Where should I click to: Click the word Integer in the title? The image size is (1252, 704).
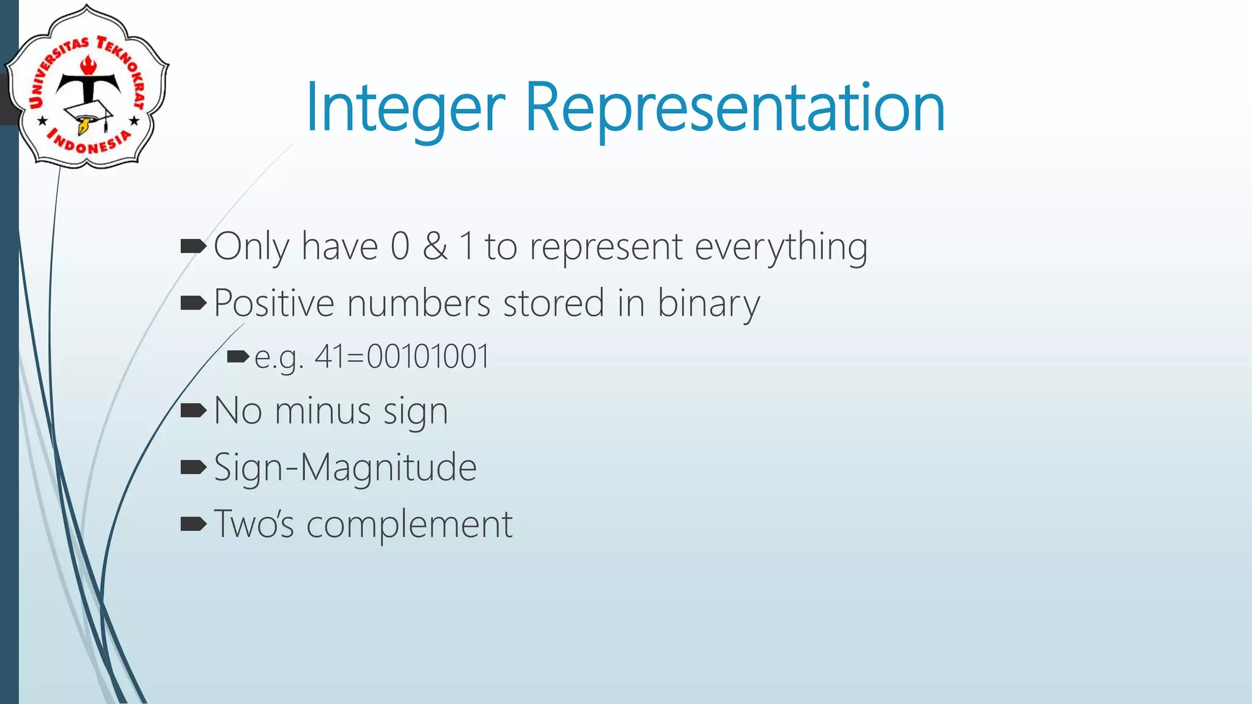(x=405, y=108)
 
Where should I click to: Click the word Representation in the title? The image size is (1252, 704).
(x=735, y=108)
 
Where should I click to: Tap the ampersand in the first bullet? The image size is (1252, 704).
(x=435, y=246)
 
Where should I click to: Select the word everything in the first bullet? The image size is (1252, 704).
(x=781, y=248)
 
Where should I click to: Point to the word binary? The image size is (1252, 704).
(x=708, y=304)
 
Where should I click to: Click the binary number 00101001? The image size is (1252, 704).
(x=428, y=357)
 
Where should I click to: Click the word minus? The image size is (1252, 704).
(x=323, y=411)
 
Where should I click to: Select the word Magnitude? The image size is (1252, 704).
(x=388, y=468)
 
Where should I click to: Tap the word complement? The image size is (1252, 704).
(x=409, y=525)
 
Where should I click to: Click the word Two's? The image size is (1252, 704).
(x=254, y=525)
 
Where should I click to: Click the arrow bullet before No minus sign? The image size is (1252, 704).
(x=194, y=411)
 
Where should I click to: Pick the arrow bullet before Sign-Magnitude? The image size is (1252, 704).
(x=194, y=468)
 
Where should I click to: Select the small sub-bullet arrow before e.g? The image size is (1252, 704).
(x=238, y=356)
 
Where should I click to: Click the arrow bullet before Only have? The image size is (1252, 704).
(x=194, y=246)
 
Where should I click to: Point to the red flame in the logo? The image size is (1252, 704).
(x=89, y=65)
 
